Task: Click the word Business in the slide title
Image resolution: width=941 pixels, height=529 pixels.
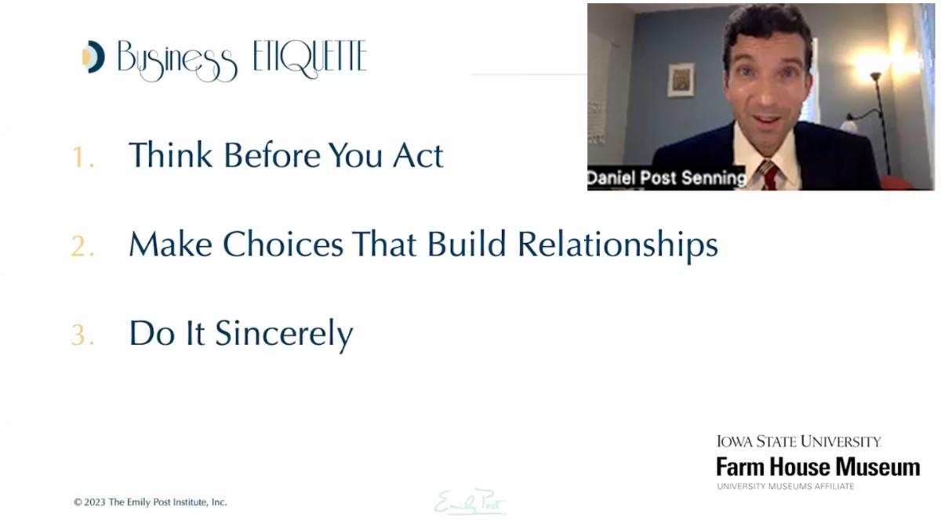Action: click(177, 60)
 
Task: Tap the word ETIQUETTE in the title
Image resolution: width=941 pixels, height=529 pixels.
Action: click(310, 57)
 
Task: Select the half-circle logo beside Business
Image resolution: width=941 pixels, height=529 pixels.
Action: click(93, 57)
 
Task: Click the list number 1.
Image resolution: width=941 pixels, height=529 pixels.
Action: click(82, 158)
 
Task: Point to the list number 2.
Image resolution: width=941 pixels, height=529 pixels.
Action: click(82, 247)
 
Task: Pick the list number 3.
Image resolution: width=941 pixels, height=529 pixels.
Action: click(82, 335)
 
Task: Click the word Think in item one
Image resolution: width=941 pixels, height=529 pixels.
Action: click(170, 155)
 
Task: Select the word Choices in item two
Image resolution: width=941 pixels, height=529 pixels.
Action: click(283, 245)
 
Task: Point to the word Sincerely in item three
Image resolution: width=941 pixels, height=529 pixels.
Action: click(284, 335)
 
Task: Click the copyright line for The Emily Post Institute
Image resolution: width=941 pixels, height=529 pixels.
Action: click(151, 502)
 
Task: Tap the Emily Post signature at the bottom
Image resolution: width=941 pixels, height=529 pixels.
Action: click(470, 502)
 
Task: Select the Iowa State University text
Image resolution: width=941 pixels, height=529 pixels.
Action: click(798, 441)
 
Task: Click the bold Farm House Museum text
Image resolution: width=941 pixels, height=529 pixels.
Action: click(817, 467)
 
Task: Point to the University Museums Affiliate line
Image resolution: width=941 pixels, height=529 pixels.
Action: click(785, 487)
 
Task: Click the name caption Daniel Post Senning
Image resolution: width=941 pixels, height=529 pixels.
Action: click(667, 179)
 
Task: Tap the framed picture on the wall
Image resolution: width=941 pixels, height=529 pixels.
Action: click(681, 80)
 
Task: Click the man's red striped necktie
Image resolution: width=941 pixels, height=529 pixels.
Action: click(769, 174)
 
